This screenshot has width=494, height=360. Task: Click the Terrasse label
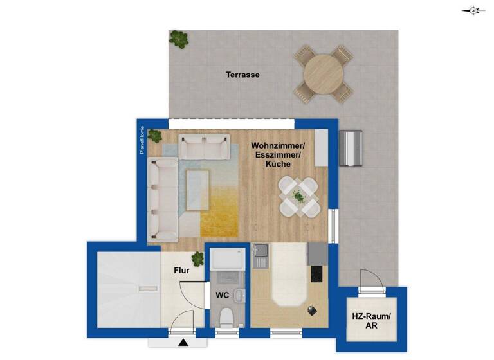242,75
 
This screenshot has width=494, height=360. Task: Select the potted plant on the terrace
179,39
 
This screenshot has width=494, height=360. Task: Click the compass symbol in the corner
473,10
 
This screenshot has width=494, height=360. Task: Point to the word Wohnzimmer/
278,146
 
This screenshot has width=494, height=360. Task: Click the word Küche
278,165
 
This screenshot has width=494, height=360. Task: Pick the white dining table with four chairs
299,196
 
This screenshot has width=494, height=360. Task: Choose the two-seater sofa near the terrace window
203,147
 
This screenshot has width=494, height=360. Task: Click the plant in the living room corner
154,136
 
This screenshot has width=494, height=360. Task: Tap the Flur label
182,271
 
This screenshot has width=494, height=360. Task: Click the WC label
223,295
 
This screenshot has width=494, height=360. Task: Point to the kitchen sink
261,256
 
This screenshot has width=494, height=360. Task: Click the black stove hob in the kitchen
317,273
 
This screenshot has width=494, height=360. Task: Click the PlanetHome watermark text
143,139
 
